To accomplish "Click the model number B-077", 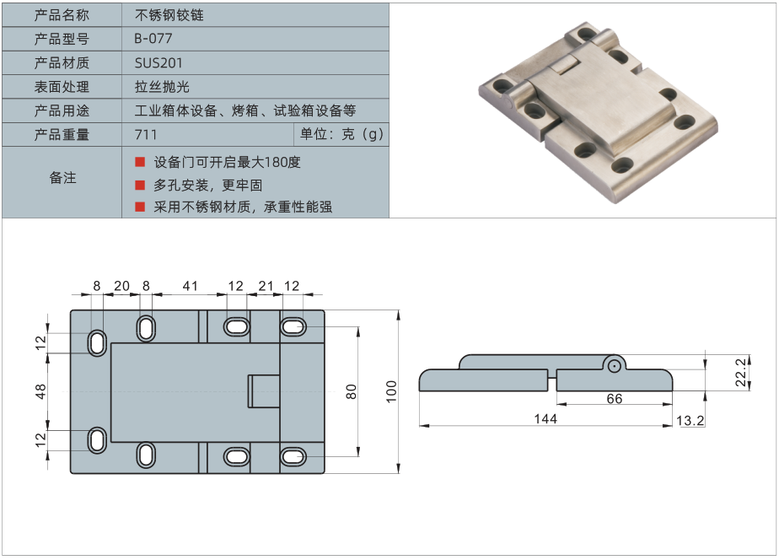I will [x=153, y=39].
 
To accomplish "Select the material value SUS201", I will [x=158, y=62].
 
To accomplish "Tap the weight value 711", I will [x=146, y=134].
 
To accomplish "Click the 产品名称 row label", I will [x=62, y=15].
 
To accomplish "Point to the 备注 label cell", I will [x=62, y=178].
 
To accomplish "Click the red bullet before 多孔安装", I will [x=140, y=185].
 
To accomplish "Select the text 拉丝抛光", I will [x=163, y=86].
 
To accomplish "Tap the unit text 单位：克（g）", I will [x=341, y=134].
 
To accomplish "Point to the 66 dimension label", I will [x=614, y=399].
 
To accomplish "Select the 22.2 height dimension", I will [x=740, y=371].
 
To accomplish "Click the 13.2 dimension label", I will [x=690, y=419].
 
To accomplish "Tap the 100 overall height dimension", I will [x=391, y=390].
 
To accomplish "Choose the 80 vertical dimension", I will [x=352, y=390].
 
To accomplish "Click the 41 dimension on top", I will [x=190, y=287].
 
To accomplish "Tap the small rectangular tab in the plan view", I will [x=262, y=391].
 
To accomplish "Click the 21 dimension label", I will [x=266, y=287].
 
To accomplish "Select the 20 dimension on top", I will [x=121, y=287].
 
